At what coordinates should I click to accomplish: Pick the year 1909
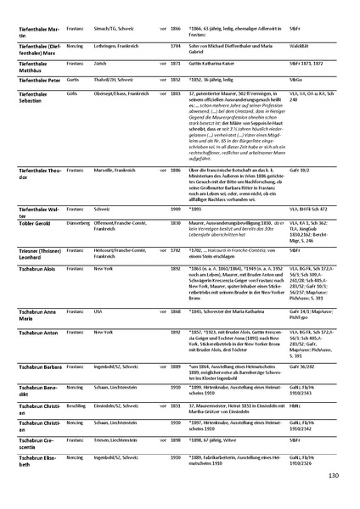tap(175, 207)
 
